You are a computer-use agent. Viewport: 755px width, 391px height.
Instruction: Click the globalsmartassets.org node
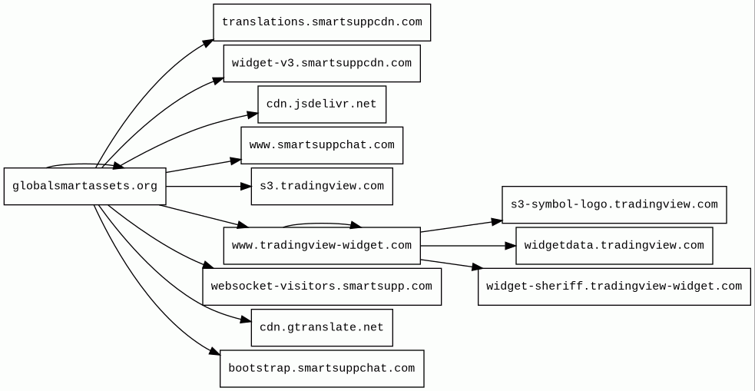(x=84, y=187)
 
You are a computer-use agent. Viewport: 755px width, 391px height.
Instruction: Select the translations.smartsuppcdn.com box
(x=322, y=22)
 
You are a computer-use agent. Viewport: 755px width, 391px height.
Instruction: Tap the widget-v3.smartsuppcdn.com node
(x=322, y=64)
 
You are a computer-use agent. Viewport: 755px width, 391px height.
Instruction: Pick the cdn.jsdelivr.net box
(x=322, y=104)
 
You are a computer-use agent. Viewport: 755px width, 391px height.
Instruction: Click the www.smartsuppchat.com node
(x=322, y=145)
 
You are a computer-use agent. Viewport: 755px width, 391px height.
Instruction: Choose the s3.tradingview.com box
(x=322, y=187)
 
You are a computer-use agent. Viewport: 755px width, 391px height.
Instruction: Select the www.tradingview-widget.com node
(x=322, y=246)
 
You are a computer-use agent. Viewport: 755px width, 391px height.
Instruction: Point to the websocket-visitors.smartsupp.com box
(x=322, y=287)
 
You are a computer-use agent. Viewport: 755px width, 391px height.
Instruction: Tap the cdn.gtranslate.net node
(x=322, y=327)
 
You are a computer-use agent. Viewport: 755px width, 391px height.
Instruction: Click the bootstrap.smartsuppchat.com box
(x=322, y=369)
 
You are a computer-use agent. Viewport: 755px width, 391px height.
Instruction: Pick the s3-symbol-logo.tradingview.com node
(x=614, y=204)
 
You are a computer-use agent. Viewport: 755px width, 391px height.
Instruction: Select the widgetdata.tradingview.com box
(x=614, y=246)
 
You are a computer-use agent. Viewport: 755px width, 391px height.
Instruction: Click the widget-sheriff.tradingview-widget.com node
(x=614, y=287)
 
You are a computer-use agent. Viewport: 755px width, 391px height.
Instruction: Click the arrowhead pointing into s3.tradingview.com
(x=246, y=187)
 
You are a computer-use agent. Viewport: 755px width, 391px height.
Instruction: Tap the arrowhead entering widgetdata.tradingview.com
(x=511, y=246)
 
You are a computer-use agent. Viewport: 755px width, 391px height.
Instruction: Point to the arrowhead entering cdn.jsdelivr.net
(x=253, y=114)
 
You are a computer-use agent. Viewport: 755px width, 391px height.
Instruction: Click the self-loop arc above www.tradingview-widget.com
(x=322, y=224)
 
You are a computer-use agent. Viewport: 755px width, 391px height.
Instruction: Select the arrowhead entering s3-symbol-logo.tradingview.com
(x=497, y=221)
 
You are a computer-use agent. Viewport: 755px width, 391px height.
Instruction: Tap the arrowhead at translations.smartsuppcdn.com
(x=208, y=43)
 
